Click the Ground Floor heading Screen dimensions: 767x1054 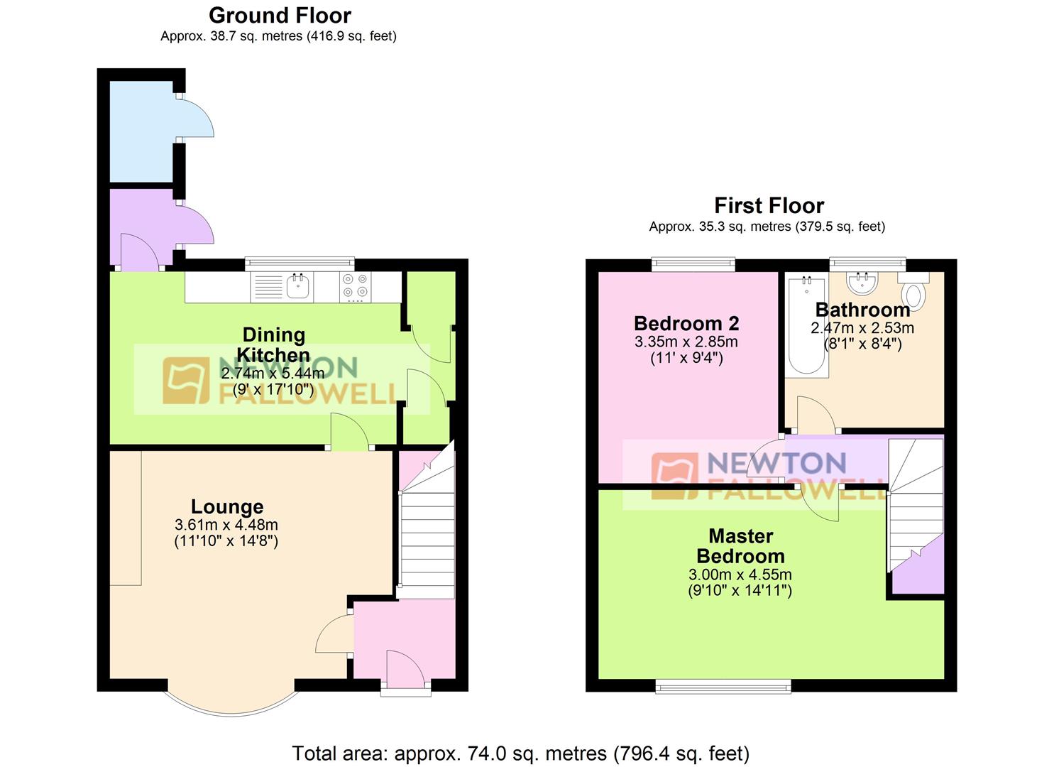[x=280, y=15]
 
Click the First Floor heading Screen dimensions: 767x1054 [x=769, y=205]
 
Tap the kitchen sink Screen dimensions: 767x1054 [x=298, y=287]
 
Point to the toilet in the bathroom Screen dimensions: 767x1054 [x=913, y=293]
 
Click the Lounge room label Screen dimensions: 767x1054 [x=227, y=506]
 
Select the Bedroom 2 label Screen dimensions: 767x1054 [x=686, y=323]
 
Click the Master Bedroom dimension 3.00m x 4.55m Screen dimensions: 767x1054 [x=740, y=575]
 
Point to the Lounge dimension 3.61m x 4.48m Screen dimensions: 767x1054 [x=226, y=525]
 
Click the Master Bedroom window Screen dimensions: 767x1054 [x=723, y=685]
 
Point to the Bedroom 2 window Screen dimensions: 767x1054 [x=693, y=265]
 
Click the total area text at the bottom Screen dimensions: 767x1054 [x=520, y=753]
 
